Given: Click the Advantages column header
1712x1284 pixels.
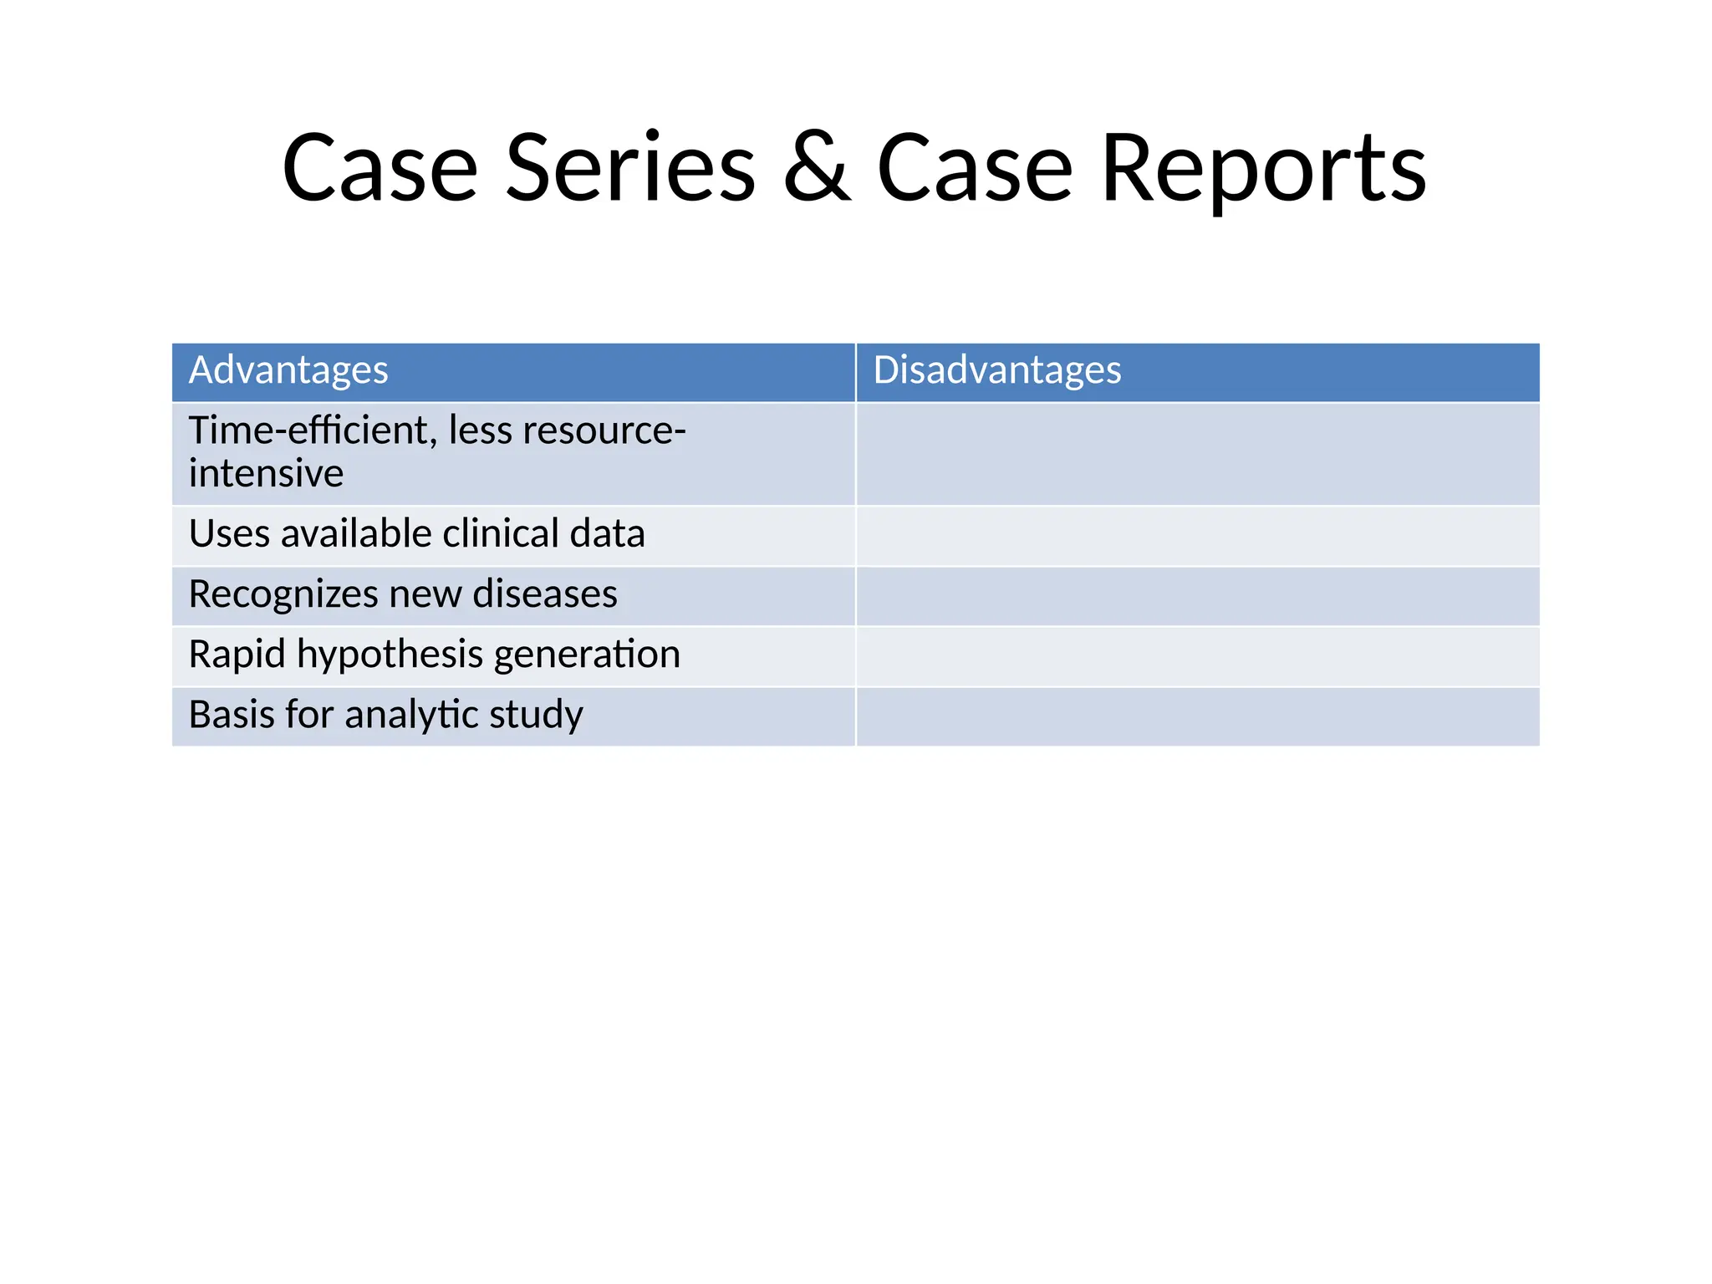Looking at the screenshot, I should [288, 370].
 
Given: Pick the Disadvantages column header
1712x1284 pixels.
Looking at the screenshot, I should [996, 370].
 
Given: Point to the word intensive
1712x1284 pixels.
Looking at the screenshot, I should [266, 474].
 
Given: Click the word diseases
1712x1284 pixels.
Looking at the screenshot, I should [545, 594].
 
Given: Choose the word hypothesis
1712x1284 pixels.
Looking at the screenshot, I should [390, 655].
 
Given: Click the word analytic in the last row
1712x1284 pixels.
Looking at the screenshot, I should [411, 715].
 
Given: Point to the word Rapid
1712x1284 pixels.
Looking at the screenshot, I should [237, 655].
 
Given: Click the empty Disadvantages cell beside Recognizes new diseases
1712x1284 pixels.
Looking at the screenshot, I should [1197, 596].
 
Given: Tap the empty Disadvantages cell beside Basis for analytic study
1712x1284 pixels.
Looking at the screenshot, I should [1197, 716].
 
